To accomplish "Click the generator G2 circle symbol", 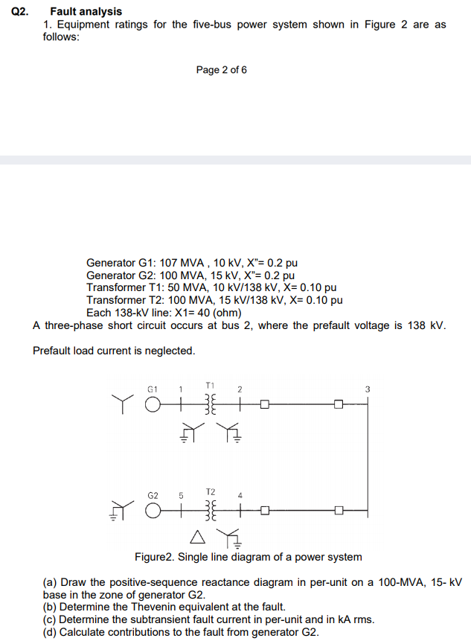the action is pyautogui.click(x=153, y=511).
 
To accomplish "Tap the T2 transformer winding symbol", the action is pyautogui.click(x=210, y=511).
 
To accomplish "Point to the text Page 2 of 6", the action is pyautogui.click(x=222, y=70).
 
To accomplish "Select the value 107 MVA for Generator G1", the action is pyautogui.click(x=182, y=264).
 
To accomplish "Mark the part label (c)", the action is pyautogui.click(x=50, y=619).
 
